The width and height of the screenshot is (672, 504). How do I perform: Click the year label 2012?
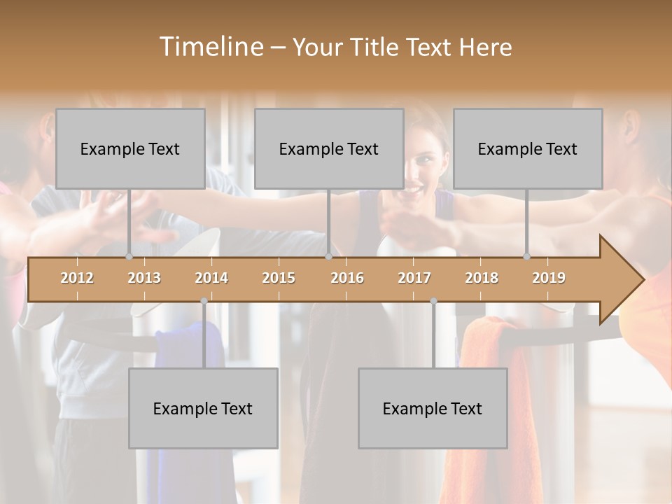point(77,278)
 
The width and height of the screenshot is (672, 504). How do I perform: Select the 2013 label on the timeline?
point(144,278)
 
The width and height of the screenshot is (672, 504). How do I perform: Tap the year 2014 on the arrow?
point(211,278)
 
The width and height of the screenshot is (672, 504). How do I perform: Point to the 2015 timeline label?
point(279,278)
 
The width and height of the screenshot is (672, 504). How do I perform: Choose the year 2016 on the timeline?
point(347,278)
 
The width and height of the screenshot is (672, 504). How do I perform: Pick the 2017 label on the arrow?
point(414,278)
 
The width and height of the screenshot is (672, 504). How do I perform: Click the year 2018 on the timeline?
point(482,278)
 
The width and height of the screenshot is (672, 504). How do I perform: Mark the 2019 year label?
point(549,278)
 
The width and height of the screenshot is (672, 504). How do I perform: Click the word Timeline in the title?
point(210,47)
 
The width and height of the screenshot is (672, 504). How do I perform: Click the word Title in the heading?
point(377,47)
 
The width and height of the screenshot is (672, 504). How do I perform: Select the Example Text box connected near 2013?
point(130,148)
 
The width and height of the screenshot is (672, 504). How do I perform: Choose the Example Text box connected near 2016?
point(329,148)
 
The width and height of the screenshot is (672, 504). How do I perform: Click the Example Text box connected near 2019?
point(528,148)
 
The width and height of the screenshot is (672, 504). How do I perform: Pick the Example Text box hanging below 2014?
point(203,408)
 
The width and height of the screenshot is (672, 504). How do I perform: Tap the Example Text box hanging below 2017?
point(433,408)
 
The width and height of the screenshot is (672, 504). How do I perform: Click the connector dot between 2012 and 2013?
point(129,256)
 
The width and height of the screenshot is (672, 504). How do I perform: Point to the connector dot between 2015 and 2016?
point(328,256)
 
